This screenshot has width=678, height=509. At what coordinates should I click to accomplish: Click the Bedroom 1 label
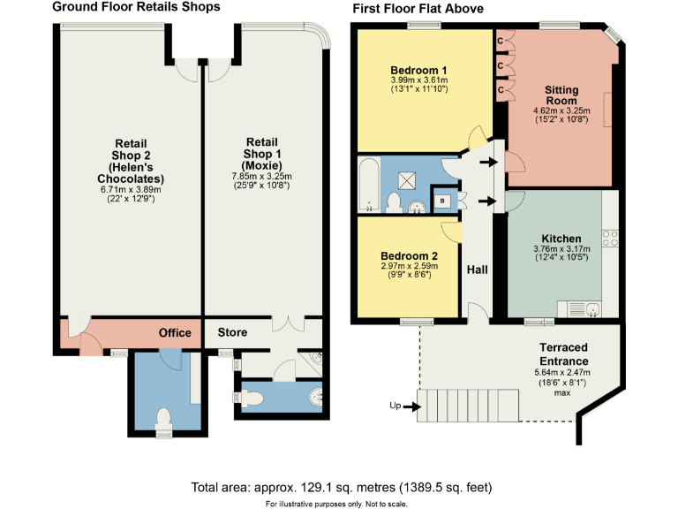click(418, 71)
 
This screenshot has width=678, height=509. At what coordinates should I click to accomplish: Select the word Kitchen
click(561, 239)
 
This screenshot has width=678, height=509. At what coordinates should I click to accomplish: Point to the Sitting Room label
click(561, 95)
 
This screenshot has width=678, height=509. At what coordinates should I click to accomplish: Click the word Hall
click(478, 269)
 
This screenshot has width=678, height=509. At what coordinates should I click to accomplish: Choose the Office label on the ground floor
click(175, 333)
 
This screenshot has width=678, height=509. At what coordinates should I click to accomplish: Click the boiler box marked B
click(442, 200)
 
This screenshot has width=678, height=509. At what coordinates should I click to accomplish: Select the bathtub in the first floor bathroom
click(370, 186)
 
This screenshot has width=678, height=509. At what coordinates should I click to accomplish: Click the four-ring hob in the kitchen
click(609, 237)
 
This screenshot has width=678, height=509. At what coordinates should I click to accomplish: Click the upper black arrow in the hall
click(486, 162)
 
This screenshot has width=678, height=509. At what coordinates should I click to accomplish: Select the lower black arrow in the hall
click(486, 201)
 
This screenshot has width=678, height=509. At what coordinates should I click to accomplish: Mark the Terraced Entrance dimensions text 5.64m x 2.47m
click(564, 372)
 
